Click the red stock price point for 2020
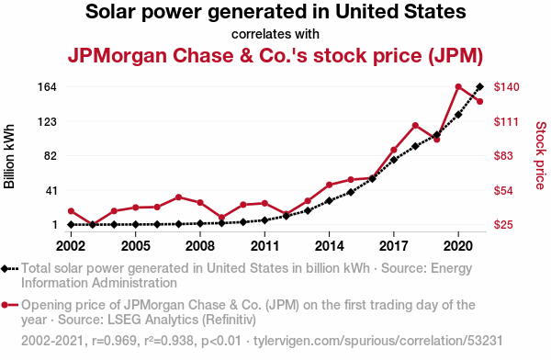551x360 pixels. point(458,87)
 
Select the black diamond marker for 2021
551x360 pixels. point(480,86)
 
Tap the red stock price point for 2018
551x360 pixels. point(415,126)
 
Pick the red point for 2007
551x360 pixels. point(178,197)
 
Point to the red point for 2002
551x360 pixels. point(71,211)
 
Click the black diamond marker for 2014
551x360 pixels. point(330,201)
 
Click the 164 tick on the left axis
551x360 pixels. point(47,87)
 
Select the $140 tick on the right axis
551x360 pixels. point(506,87)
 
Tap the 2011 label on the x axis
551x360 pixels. point(264,246)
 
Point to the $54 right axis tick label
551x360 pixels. point(503,190)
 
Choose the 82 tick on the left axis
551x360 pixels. point(51,156)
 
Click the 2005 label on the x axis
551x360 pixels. point(136,246)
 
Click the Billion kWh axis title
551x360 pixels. point(9,156)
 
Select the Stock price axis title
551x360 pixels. point(541,156)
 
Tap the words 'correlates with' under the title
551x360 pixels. point(275,34)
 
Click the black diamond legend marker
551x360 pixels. point(5,269)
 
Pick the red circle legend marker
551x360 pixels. point(5,305)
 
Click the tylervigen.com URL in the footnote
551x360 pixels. point(378,341)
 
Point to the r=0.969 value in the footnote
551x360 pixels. point(114,341)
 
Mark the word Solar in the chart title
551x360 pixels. point(111,12)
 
